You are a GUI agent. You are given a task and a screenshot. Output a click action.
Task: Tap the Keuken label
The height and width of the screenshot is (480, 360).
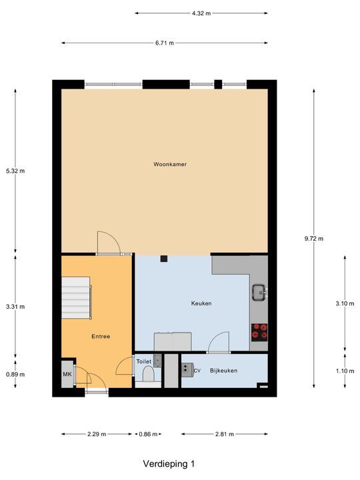point(201,303)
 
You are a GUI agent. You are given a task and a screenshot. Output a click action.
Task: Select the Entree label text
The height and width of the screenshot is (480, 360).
point(101,337)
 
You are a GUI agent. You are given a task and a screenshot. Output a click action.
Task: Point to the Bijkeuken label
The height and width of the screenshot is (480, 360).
point(223,371)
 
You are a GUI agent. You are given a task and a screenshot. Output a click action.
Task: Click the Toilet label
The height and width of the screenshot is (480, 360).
point(144,362)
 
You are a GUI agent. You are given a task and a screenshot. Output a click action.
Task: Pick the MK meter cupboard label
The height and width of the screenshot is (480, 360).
point(67,375)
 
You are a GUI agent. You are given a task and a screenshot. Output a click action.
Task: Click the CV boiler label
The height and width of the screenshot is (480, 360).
point(197,371)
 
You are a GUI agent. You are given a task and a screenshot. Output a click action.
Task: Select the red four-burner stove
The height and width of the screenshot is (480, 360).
point(259,330)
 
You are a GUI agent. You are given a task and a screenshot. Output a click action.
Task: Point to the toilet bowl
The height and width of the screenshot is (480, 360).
point(148,377)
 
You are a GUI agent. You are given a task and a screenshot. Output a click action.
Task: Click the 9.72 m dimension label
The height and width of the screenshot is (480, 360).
point(314,239)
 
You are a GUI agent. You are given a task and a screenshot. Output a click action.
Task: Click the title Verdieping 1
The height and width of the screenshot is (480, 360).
point(169,463)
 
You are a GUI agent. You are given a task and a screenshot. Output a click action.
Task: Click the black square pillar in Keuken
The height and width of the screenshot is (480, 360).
point(163,259)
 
